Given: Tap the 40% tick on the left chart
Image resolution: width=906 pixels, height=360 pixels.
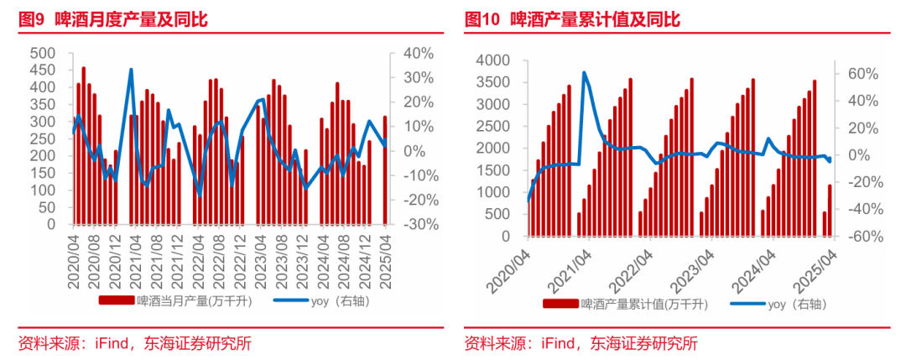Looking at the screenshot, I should pos(417,53).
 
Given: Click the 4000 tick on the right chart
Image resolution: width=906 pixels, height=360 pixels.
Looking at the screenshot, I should pos(492,60).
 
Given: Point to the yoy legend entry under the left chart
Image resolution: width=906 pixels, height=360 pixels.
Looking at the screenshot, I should pos(311,300).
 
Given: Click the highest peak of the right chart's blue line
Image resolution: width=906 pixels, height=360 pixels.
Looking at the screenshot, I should pos(584,73).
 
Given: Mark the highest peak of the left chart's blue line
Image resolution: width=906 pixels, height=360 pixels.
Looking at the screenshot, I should pos(131,70).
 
